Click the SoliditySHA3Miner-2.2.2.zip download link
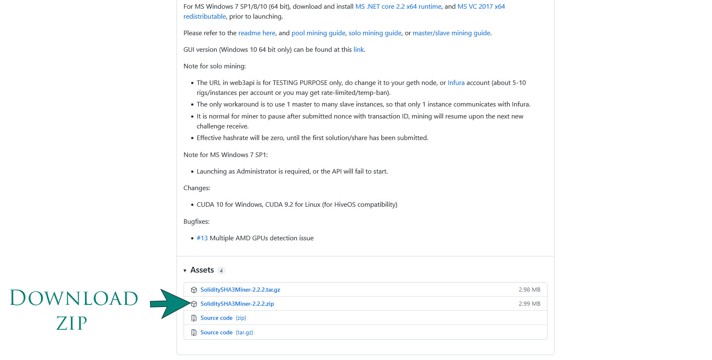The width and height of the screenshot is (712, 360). pos(237,304)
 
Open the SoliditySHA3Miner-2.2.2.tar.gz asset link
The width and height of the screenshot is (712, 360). pos(240,290)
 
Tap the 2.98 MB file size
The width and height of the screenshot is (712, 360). pos(529,290)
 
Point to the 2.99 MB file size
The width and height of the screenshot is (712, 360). pos(529,304)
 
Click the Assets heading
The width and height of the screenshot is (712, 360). pos(202,270)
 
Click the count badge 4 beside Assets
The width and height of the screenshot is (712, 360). pos(221,271)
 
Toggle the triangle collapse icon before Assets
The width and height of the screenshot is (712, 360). pos(185,271)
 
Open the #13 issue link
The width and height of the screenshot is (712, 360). pos(202,238)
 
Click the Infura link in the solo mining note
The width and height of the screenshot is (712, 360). pos(456,82)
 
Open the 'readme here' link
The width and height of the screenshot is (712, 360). pos(257,33)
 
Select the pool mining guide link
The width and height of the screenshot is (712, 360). pos(318,33)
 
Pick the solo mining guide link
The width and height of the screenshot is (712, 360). pos(375,33)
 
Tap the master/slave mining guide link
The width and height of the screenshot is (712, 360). pos(451,33)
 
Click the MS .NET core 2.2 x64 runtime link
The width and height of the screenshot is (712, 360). pos(398,6)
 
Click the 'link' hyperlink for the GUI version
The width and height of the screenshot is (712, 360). pos(358,49)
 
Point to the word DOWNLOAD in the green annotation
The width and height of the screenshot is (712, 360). pos(74,298)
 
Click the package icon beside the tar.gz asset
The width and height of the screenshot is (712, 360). pos(194,290)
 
